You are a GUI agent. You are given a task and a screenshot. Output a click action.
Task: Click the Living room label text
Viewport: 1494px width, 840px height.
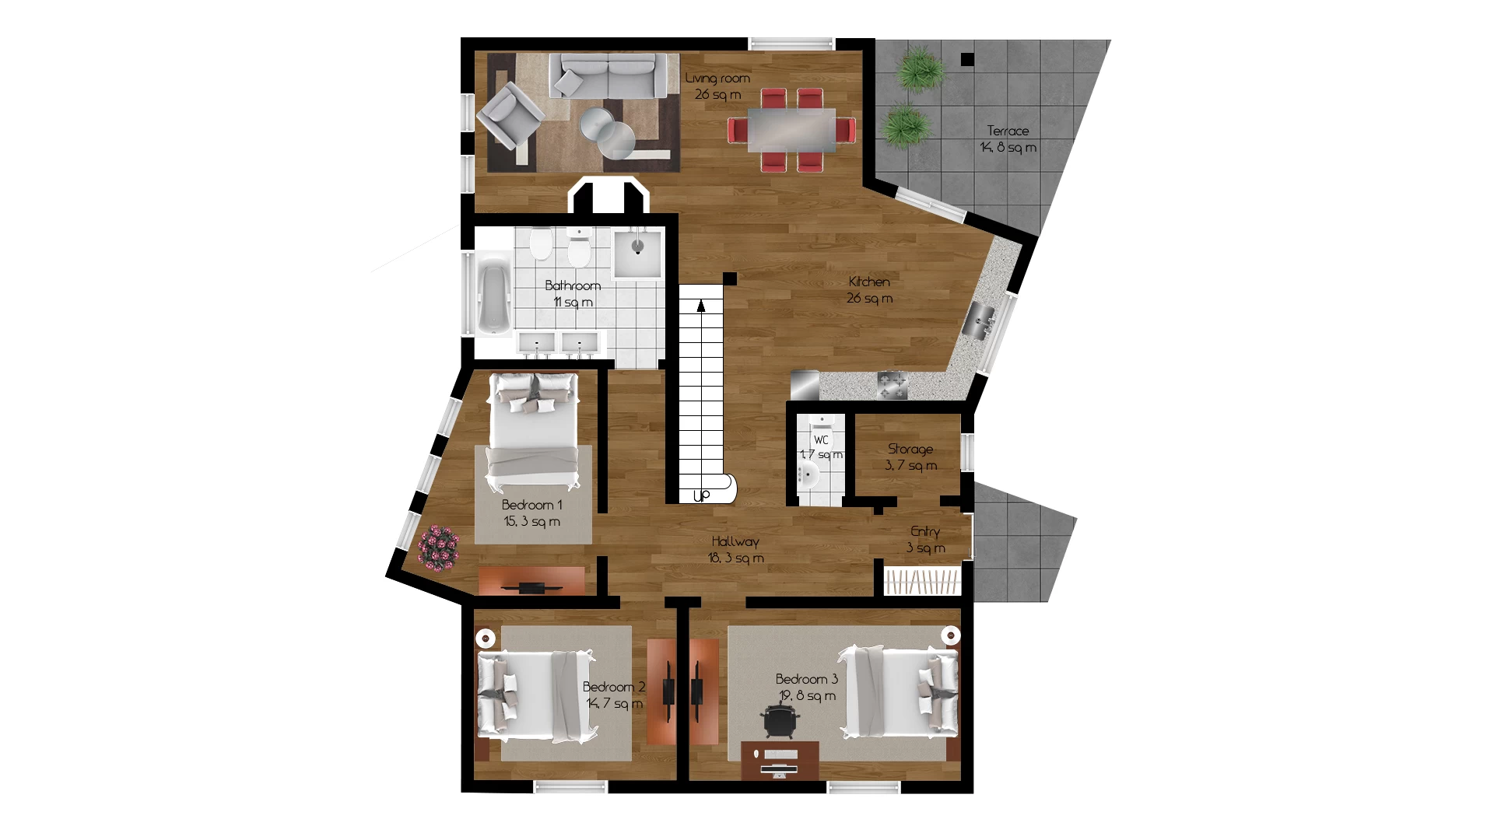pyautogui.click(x=717, y=79)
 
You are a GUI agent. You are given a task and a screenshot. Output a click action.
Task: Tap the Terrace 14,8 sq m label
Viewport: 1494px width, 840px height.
pyautogui.click(x=1008, y=139)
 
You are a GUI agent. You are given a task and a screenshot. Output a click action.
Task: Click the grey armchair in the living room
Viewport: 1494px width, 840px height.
pyautogui.click(x=509, y=116)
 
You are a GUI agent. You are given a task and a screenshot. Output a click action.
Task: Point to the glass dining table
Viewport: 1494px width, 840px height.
pyautogui.click(x=791, y=129)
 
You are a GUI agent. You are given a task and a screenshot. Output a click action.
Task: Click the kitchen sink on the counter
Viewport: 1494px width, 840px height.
pyautogui.click(x=980, y=320)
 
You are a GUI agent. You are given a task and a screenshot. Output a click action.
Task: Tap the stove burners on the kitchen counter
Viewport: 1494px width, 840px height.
pyautogui.click(x=893, y=384)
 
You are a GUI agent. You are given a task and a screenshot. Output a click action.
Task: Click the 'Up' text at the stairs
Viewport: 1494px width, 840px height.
pyautogui.click(x=701, y=495)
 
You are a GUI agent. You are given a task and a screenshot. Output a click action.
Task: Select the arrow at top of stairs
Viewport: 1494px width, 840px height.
pyautogui.click(x=701, y=306)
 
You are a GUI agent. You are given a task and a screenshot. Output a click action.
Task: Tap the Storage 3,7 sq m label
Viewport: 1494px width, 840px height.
pyautogui.click(x=910, y=457)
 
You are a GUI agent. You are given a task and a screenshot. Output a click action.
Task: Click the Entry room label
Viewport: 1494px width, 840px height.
pyautogui.click(x=925, y=532)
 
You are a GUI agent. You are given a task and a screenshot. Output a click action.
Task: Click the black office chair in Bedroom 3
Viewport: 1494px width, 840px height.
pyautogui.click(x=780, y=720)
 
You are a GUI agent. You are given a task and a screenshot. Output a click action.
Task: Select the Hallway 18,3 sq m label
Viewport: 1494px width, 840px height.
pyautogui.click(x=735, y=550)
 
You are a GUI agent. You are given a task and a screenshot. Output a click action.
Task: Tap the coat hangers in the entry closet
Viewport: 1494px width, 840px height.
pyautogui.click(x=922, y=581)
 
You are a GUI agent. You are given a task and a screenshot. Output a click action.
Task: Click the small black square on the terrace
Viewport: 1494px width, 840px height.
pyautogui.click(x=967, y=59)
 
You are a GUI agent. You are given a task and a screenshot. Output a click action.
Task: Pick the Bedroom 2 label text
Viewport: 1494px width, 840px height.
pyautogui.click(x=614, y=688)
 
